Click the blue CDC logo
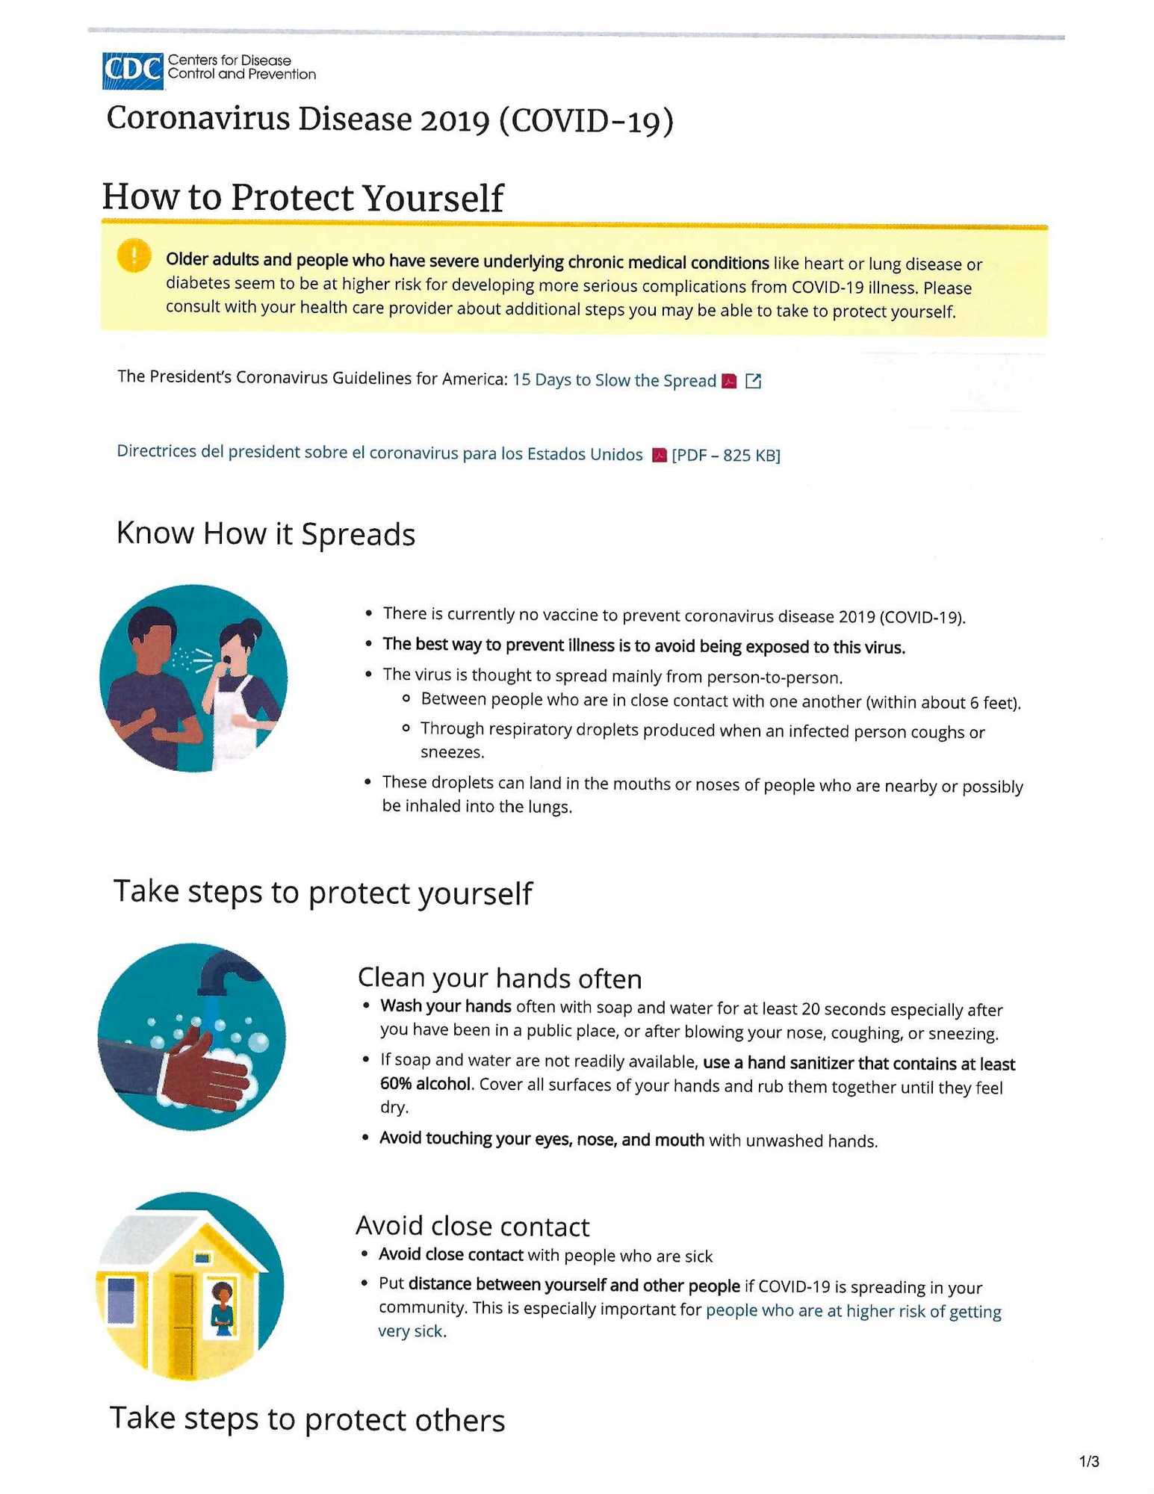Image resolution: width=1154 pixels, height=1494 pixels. pos(132,71)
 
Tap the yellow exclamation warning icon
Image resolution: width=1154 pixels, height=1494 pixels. pos(134,256)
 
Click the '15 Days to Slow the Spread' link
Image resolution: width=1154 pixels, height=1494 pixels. pos(614,380)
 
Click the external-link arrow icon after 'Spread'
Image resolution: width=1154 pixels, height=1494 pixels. pos(754,381)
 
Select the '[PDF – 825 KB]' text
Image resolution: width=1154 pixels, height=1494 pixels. pos(726,455)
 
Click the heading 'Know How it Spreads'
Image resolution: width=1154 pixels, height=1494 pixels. pos(266,534)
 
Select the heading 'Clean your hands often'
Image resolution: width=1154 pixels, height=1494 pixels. pos(500,978)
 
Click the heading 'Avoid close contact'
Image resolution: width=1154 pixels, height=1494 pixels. pos(472,1226)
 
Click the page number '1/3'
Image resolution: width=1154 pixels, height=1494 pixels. pos(1089,1461)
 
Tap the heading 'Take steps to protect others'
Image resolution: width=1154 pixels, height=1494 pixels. pos(308,1419)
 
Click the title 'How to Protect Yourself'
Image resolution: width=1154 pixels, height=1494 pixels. pos(303,198)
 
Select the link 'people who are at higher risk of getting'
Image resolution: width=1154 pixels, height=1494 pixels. pos(853,1311)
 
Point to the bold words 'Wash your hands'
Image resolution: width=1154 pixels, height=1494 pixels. pos(445,1005)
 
